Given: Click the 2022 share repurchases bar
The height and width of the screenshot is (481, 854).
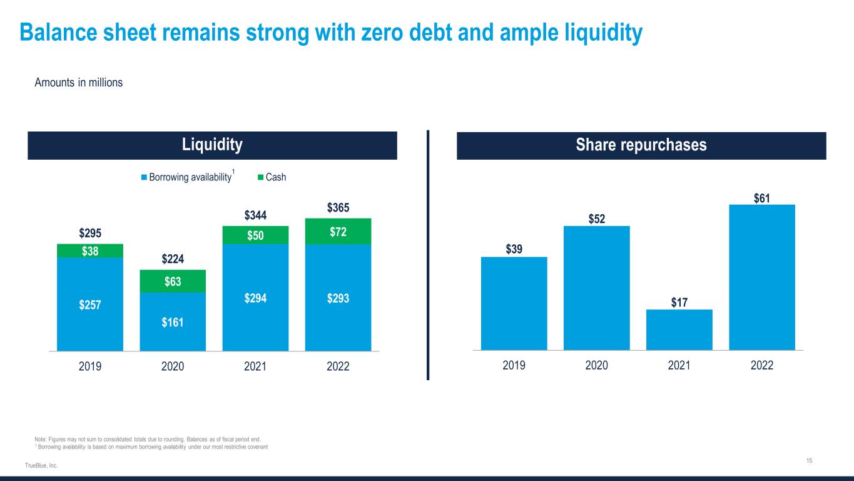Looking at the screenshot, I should [x=762, y=277].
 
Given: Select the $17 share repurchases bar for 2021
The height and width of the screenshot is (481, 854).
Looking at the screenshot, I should [x=679, y=329].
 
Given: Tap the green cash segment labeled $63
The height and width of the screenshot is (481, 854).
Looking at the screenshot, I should [x=173, y=281].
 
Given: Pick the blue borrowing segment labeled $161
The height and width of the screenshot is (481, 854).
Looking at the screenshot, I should [x=173, y=322].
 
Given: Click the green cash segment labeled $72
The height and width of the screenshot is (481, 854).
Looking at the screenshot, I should [x=338, y=232].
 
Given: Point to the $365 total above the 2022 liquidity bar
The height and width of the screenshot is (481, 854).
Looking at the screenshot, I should [x=338, y=207].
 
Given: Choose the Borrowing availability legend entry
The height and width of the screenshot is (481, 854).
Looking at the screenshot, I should [x=186, y=177].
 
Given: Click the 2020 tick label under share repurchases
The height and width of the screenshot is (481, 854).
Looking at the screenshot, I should [x=597, y=365].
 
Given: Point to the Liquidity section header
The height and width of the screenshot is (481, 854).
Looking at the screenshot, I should [x=212, y=145].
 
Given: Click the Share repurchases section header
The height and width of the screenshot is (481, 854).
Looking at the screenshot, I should [x=641, y=145].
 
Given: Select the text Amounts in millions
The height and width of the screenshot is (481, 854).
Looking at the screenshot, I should [x=78, y=83].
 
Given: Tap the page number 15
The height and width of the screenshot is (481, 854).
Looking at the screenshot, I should [x=809, y=461].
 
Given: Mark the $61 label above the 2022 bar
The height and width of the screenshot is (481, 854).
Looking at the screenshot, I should [x=762, y=198].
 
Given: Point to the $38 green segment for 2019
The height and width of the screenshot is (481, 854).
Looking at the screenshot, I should [x=90, y=251].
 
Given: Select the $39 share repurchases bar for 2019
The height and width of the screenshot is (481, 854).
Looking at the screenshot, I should [x=514, y=303].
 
